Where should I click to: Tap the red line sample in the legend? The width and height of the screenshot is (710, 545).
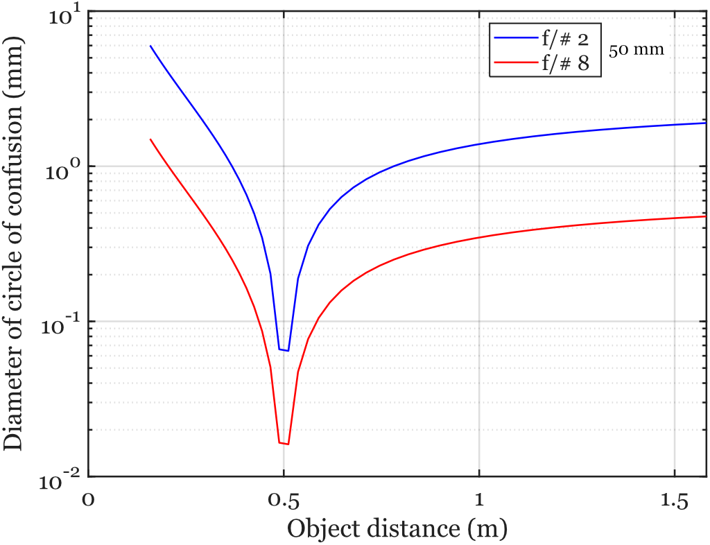[x=514, y=63]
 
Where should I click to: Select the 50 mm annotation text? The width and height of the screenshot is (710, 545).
[x=637, y=50]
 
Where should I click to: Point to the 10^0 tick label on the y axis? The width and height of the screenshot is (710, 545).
[x=64, y=171]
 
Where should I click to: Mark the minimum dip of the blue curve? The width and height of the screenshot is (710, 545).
[x=284, y=350]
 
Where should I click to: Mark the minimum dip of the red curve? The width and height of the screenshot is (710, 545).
[x=284, y=444]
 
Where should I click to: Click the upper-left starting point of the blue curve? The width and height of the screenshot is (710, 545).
[x=150, y=46]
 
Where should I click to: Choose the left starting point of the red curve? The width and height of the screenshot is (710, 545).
[x=150, y=139]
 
